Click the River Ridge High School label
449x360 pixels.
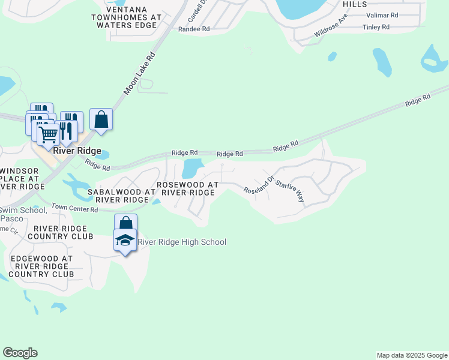(182, 242)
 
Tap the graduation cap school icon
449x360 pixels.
(125, 241)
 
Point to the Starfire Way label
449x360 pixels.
(290, 188)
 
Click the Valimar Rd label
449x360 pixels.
(382, 15)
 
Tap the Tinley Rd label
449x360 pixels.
(376, 27)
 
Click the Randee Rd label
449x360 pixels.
(194, 28)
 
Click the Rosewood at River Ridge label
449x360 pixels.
(185, 188)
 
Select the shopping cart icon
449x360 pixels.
(48, 134)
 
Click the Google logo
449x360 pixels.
(20, 353)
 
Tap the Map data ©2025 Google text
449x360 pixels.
(411, 355)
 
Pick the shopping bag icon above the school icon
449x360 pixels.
(125, 223)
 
